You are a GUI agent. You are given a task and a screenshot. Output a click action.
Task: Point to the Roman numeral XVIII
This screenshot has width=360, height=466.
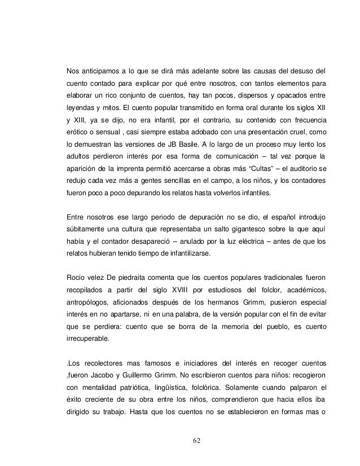coord(177,291)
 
